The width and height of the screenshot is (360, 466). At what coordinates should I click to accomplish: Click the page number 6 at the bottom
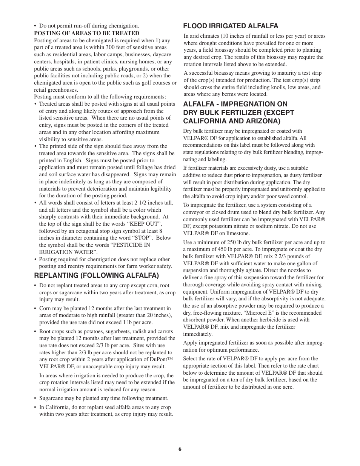pos(180,449)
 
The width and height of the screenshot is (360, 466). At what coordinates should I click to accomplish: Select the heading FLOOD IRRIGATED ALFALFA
pos(231,26)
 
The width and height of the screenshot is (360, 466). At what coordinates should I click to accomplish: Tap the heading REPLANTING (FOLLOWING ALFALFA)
pos(97,275)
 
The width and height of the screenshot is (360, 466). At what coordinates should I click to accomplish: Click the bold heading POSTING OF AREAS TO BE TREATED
pos(87,33)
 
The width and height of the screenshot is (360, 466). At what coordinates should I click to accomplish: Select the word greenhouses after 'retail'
pos(64,90)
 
